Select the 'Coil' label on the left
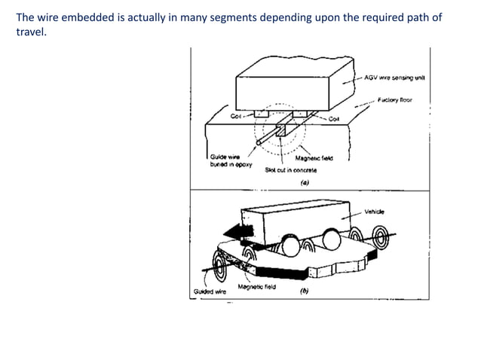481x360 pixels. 236,117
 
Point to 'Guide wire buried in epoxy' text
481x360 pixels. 231,160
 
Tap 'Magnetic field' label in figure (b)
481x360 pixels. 257,287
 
